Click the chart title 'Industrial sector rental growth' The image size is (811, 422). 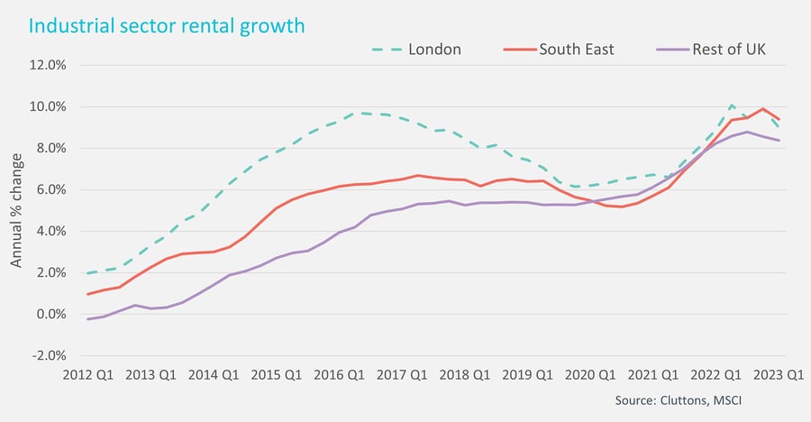pos(168,25)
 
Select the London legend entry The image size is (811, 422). pos(434,50)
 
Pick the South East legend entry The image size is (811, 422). pos(576,50)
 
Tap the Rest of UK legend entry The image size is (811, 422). pos(728,50)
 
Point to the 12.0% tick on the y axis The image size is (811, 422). pos(48,65)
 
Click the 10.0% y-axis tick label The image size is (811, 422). pos(48,106)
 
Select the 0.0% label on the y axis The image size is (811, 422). pos(50,314)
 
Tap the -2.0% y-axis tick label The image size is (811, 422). pos(49,355)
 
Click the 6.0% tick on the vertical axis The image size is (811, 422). pos(50,189)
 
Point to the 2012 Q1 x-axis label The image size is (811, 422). pos(88,373)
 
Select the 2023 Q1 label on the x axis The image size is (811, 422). pos(774,373)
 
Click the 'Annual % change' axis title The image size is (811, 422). pos(16,210)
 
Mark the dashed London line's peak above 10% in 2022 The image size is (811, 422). pos(733,105)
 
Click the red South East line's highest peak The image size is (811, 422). pos(763,109)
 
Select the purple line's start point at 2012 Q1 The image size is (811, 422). pos(87,319)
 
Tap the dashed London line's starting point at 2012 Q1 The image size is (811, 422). pos(87,272)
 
